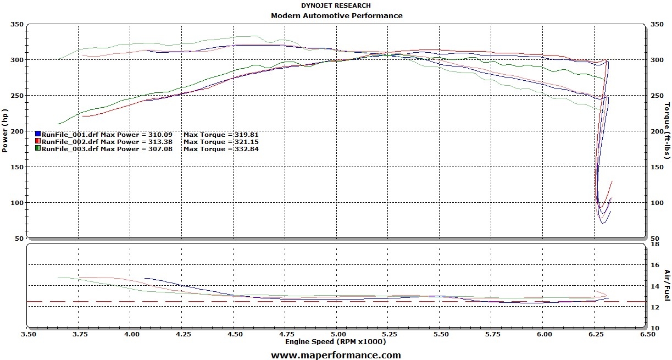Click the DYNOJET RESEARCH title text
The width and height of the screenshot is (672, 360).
point(336,5)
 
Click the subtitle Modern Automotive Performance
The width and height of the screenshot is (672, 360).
point(336,15)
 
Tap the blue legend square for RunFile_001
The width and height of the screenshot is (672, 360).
point(38,134)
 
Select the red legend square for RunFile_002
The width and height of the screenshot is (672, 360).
point(38,141)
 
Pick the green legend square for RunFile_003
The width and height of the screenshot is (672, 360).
point(38,148)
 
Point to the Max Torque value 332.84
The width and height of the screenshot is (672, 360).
point(246,149)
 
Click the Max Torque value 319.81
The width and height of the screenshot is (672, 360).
point(246,134)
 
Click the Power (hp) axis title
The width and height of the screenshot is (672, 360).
point(5,131)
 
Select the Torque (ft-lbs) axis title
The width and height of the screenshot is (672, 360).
point(667,131)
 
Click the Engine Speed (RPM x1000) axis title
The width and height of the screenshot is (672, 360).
point(335,341)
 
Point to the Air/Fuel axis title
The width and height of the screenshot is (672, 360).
point(667,285)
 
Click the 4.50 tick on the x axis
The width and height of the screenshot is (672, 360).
point(235,334)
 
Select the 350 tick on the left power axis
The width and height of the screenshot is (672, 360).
point(17,24)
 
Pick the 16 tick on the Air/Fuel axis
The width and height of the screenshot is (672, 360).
point(655,265)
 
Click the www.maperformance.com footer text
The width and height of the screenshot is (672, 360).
point(336,355)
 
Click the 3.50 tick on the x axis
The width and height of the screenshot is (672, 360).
point(28,334)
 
